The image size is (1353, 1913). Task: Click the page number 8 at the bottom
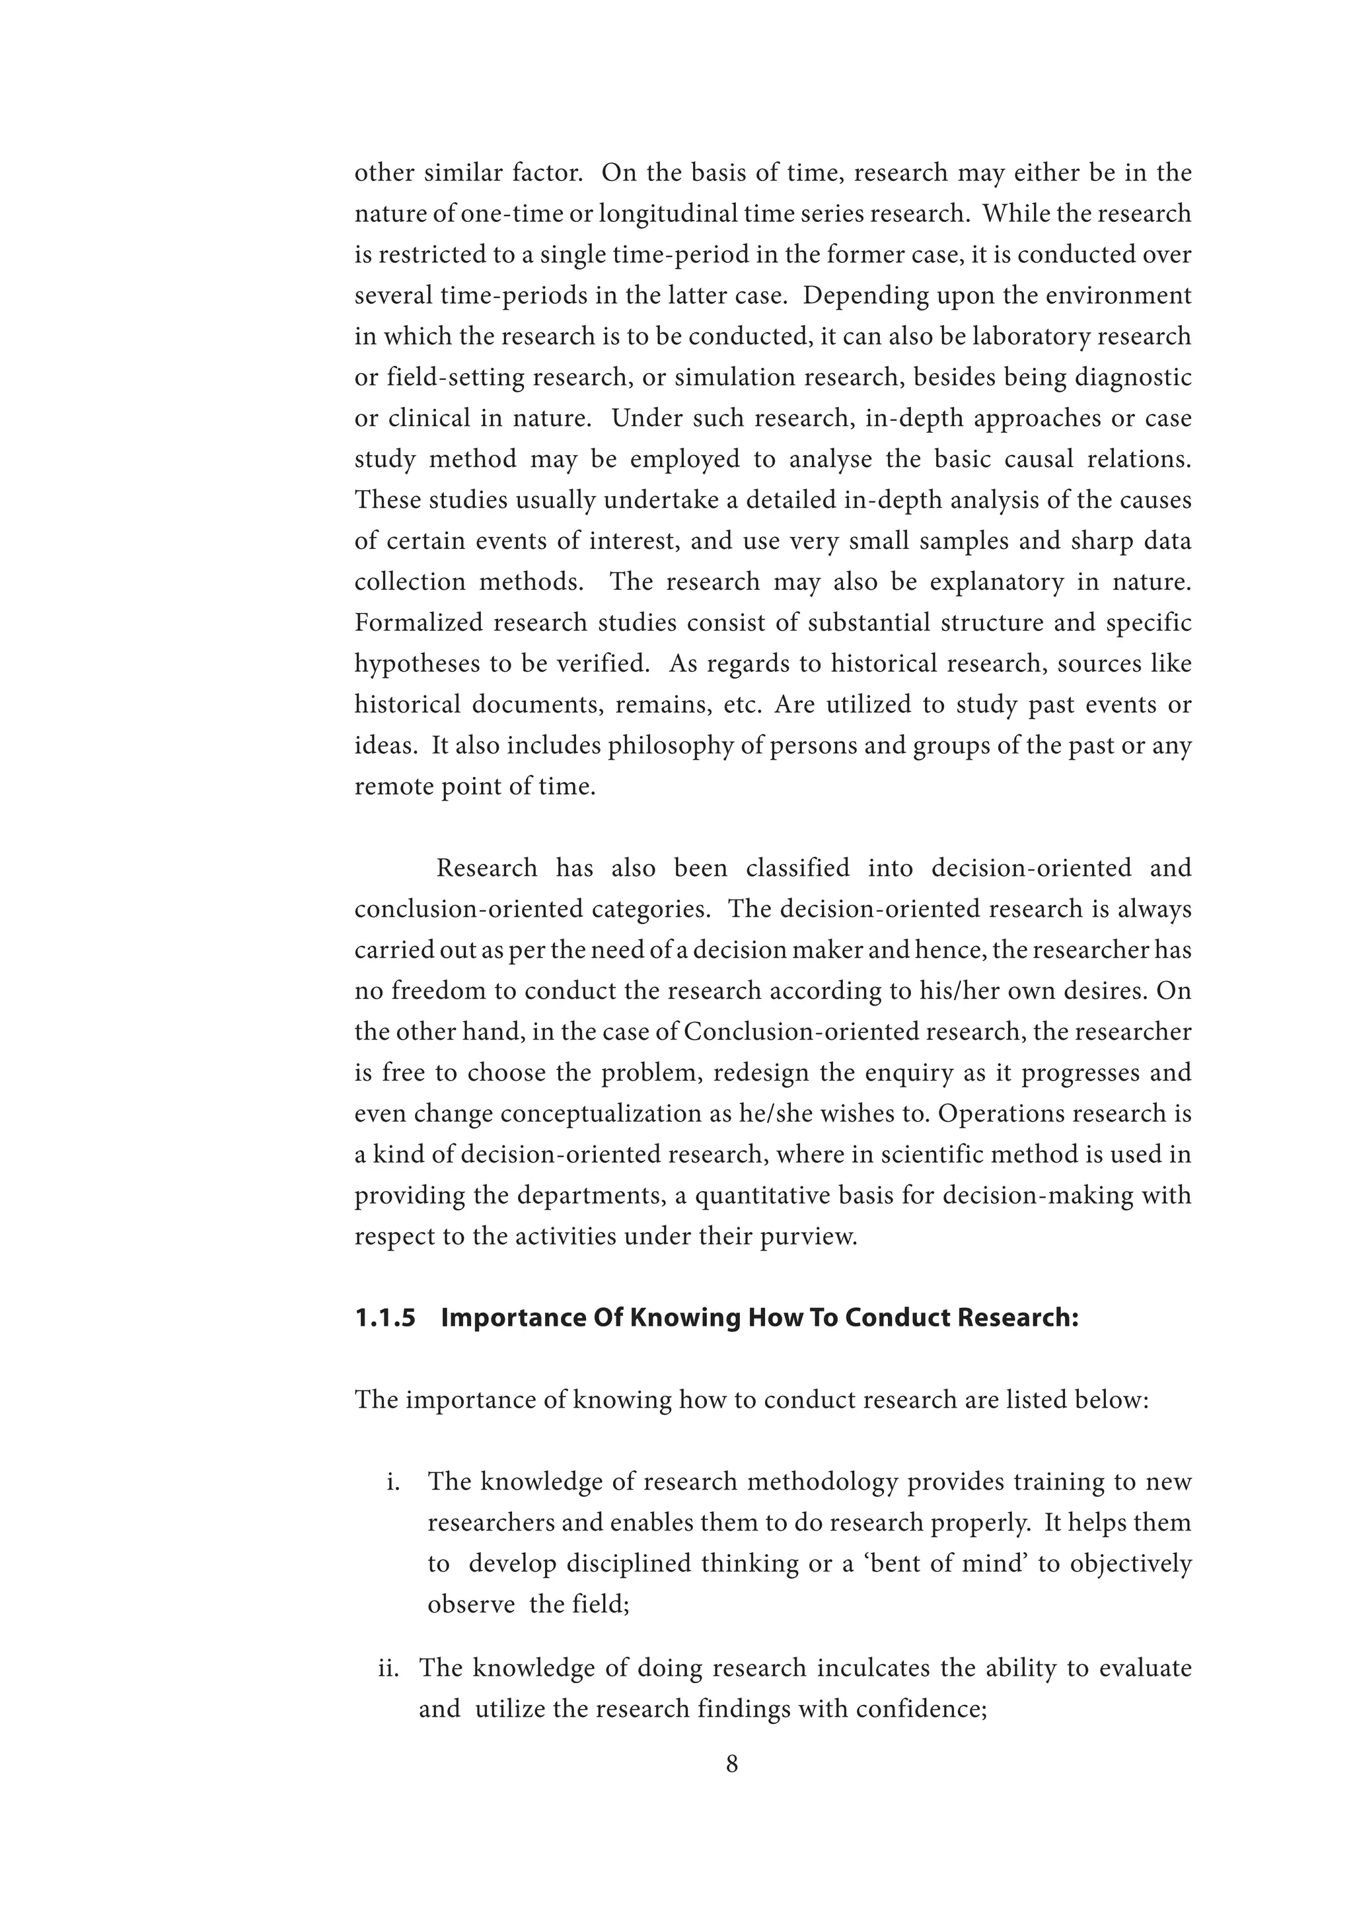point(731,1764)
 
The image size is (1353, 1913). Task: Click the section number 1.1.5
point(385,1318)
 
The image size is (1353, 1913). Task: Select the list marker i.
point(393,1482)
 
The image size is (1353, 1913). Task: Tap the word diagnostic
point(1133,377)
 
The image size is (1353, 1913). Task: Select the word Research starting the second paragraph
point(486,868)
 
